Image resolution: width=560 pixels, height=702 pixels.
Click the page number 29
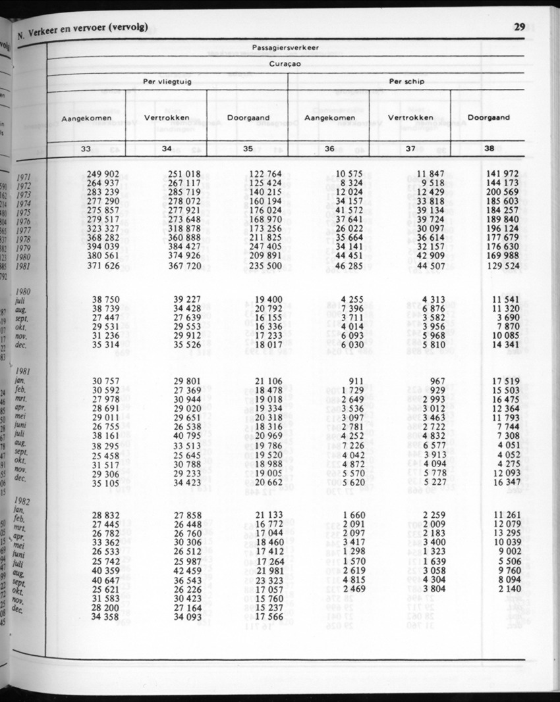point(518,27)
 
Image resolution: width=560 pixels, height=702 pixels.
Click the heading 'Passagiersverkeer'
point(286,47)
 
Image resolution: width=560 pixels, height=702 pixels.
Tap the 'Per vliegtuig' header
point(167,82)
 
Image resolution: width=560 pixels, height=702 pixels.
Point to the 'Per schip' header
point(406,82)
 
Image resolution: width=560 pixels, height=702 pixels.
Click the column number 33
point(86,149)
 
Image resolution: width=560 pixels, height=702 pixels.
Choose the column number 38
point(489,149)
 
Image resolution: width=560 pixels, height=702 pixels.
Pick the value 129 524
point(503,265)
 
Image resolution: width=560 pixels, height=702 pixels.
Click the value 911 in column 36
point(356,381)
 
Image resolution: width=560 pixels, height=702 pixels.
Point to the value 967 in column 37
point(437,381)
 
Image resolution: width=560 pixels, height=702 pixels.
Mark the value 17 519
point(505,381)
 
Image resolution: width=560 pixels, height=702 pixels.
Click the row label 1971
point(24,177)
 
